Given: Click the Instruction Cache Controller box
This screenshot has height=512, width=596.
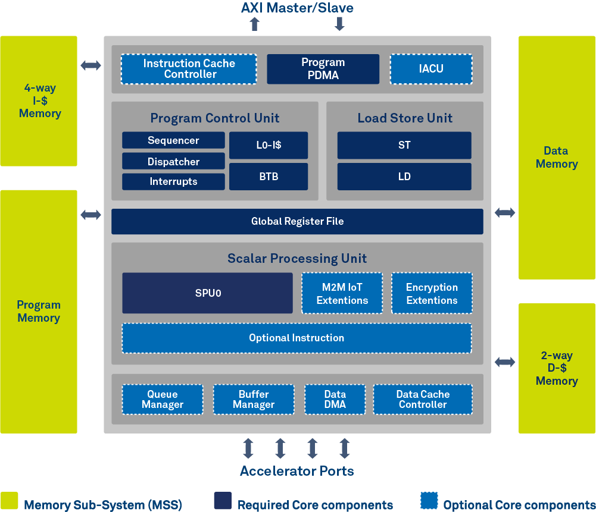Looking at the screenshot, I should (x=189, y=69).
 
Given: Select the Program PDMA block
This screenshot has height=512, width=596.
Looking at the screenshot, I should (x=323, y=69).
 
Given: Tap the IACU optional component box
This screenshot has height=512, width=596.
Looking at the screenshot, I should (x=431, y=69).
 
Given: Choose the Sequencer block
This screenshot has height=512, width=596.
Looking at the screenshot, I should (x=173, y=140).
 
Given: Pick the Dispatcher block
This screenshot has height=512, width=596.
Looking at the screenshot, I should (x=173, y=161).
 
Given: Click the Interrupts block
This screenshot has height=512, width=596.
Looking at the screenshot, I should (x=173, y=181).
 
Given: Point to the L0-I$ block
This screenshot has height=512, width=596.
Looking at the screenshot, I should (x=269, y=145).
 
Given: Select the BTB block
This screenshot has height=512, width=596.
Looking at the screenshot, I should (x=269, y=177).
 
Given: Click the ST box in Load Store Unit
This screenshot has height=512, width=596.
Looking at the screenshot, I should (x=404, y=145).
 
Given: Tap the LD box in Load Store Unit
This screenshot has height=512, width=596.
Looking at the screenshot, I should (x=404, y=177).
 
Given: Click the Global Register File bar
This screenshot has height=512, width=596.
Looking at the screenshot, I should (x=297, y=221).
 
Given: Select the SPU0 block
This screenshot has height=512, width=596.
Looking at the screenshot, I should (x=207, y=293).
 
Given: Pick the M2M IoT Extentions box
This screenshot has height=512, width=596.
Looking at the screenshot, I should (x=342, y=293).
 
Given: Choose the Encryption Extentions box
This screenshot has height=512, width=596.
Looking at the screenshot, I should (x=432, y=293).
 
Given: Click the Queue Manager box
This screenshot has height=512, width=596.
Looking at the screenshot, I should (x=163, y=399).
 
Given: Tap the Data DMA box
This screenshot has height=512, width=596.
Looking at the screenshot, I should (x=335, y=399).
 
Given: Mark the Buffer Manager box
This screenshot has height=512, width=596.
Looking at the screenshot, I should (x=254, y=399).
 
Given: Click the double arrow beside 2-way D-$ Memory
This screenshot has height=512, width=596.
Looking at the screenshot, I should (x=505, y=362).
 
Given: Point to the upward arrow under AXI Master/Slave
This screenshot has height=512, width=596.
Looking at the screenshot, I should (x=255, y=24).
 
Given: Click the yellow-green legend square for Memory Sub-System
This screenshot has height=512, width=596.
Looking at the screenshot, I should (x=9, y=501).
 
